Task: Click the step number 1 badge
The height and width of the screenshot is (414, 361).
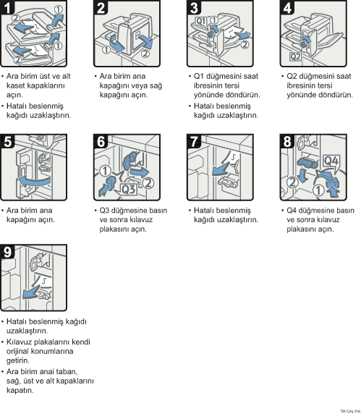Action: [7, 7]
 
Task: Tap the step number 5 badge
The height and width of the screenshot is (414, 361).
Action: [7, 141]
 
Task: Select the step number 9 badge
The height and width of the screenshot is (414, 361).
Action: [7, 252]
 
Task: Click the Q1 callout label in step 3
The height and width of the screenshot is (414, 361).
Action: [201, 21]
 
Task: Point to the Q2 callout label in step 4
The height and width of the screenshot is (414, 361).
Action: [295, 56]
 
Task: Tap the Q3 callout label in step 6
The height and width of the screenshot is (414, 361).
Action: [129, 190]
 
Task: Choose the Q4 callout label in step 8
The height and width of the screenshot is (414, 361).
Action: [331, 161]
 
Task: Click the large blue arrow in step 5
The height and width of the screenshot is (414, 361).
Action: [34, 182]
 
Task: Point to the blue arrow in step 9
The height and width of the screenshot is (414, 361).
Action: [32, 292]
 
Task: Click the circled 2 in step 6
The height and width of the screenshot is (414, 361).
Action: [148, 183]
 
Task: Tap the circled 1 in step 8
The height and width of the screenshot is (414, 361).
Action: [318, 190]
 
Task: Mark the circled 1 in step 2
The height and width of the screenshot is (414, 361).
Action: [106, 50]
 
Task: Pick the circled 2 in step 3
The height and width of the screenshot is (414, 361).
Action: [245, 44]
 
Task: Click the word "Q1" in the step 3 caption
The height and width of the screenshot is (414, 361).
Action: [199, 76]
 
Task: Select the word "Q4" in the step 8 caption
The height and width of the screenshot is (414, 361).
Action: [292, 211]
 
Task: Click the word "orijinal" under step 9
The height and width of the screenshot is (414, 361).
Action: [17, 352]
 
